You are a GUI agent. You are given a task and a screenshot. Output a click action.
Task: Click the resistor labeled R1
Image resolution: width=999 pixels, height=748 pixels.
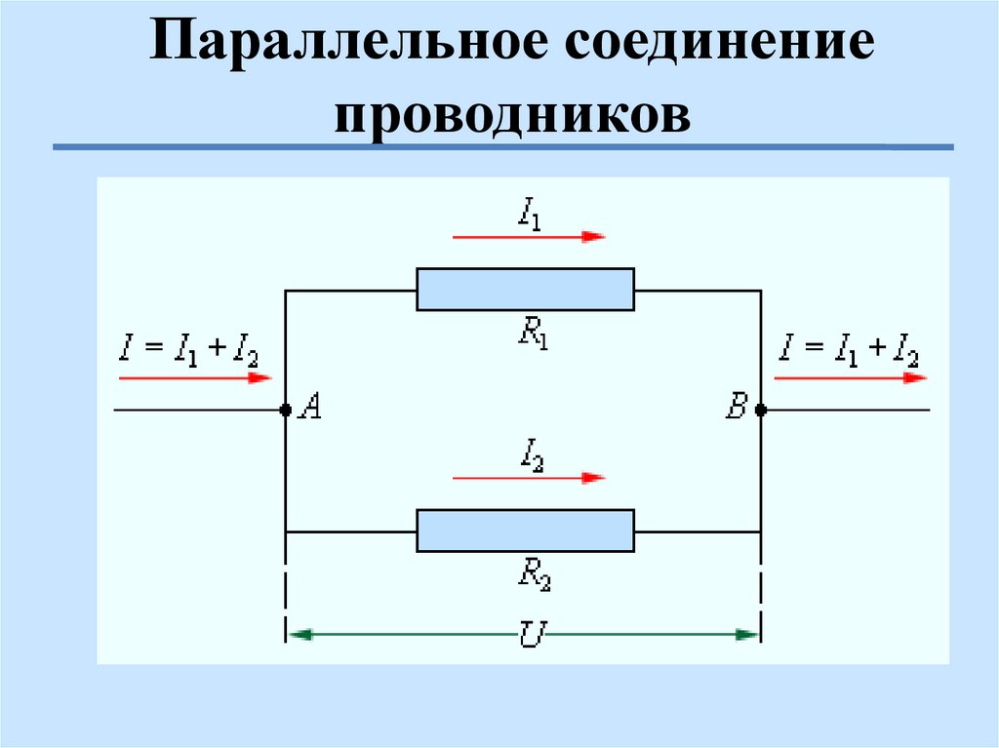coord(525,290)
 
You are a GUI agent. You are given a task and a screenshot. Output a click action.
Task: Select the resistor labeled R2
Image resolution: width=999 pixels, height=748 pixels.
coord(525,531)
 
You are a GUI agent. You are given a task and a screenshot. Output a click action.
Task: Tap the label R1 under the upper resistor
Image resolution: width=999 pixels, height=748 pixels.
coord(533,335)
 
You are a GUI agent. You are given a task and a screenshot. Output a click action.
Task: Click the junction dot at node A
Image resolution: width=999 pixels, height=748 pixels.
coord(285,411)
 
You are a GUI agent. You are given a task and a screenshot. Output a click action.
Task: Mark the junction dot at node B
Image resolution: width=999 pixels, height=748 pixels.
coord(761,411)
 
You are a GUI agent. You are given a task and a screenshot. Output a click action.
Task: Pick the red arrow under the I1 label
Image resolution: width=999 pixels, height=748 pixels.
coord(528,237)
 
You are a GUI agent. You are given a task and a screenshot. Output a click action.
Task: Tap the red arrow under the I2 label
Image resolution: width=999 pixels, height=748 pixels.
coord(528,478)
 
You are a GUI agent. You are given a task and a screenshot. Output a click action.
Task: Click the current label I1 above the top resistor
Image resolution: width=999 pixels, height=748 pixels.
coord(530,212)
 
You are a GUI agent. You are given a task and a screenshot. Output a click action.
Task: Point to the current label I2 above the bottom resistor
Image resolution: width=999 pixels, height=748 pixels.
coord(531,453)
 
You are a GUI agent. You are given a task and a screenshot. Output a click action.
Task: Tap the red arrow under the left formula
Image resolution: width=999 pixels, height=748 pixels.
coord(194,376)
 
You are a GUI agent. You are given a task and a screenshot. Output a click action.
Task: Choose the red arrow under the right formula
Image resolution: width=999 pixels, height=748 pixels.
coord(851,376)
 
